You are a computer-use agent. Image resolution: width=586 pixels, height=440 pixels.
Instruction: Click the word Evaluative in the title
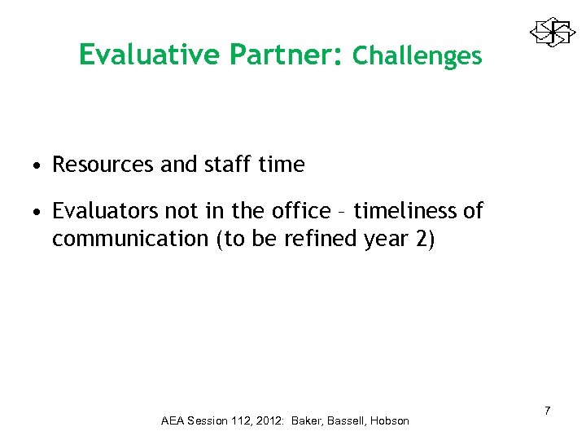pyautogui.click(x=150, y=55)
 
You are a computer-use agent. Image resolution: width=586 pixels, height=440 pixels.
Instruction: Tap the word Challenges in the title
pyautogui.click(x=418, y=55)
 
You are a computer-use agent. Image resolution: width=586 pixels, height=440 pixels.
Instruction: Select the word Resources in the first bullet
pyautogui.click(x=103, y=165)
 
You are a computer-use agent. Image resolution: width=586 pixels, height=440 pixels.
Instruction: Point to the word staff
pyautogui.click(x=225, y=165)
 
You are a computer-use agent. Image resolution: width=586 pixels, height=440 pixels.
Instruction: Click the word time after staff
pyautogui.click(x=281, y=165)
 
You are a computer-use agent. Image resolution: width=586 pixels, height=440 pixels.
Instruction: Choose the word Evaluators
pyautogui.click(x=103, y=212)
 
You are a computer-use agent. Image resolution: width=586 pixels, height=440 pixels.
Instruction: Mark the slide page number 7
pyautogui.click(x=548, y=410)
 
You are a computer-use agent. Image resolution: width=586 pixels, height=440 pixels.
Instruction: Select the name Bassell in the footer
pyautogui.click(x=346, y=421)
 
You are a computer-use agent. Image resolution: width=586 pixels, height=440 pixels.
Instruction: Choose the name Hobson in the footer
pyautogui.click(x=391, y=421)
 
